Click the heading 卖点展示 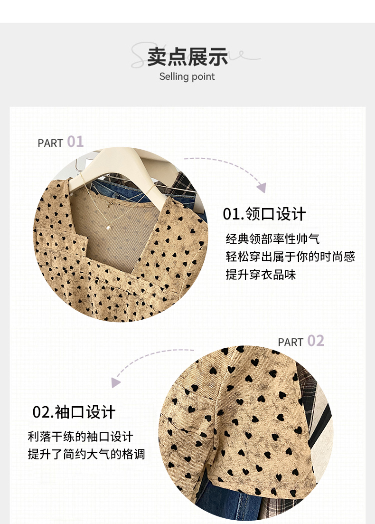(187, 57)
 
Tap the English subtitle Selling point (187, 76)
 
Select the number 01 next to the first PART (75, 142)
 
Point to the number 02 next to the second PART (316, 341)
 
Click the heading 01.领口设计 (264, 214)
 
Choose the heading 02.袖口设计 (74, 412)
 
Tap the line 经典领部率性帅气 (272, 239)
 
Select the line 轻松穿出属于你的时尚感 (290, 257)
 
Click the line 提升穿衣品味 (261, 275)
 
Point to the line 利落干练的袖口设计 (81, 437)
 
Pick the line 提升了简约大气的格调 (86, 454)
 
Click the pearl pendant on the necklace (109, 227)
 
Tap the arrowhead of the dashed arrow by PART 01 (262, 188)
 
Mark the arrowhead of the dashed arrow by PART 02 (115, 382)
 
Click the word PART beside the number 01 (50, 143)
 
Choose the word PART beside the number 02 (291, 343)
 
